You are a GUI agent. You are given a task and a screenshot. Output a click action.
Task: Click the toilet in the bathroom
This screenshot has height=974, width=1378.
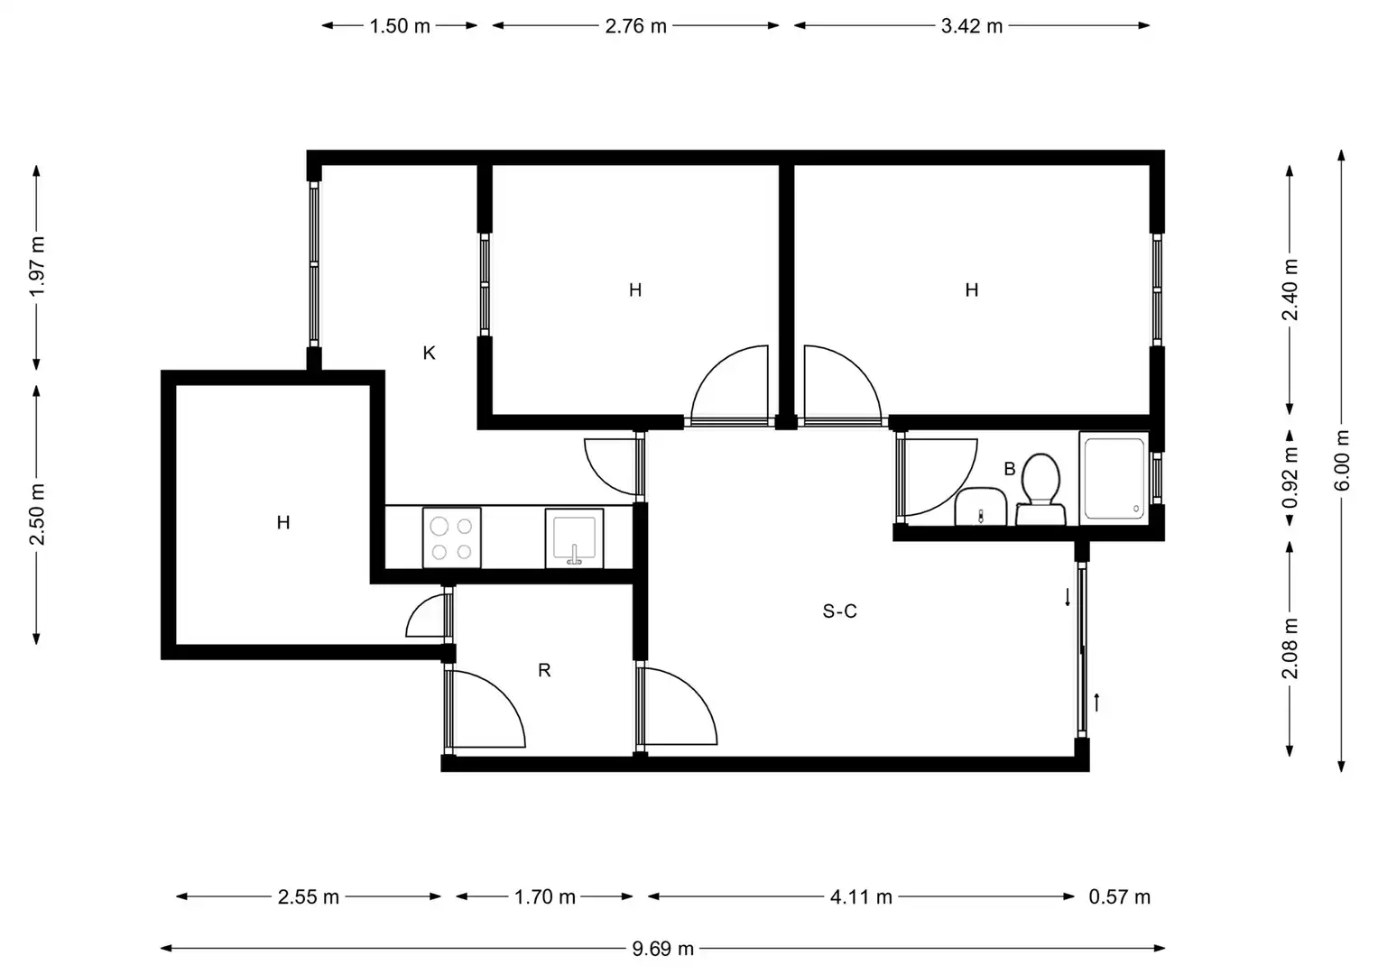[x=1040, y=490]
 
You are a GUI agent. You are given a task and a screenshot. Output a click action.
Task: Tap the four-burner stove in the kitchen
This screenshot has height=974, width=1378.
[x=451, y=538]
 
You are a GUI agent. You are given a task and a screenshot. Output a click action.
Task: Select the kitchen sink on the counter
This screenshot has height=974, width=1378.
[x=574, y=538]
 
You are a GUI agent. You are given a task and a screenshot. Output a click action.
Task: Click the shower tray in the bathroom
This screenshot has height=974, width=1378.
[x=1114, y=478]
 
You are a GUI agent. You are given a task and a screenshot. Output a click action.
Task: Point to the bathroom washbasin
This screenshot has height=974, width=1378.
[x=981, y=507]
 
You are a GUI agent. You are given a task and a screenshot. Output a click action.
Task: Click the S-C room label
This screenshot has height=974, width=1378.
[x=840, y=611]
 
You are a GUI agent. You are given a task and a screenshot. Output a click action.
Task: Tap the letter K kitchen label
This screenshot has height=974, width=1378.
[x=430, y=353]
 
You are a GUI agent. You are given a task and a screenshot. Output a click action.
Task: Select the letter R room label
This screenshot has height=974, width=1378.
[x=544, y=670]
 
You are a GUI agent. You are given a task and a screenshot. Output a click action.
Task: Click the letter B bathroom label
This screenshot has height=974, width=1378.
[x=1010, y=469]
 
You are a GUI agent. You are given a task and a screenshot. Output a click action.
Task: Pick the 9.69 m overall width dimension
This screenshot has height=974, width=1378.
[x=663, y=949]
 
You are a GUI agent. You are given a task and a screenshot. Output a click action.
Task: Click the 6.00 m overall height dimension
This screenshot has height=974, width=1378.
[x=1342, y=460]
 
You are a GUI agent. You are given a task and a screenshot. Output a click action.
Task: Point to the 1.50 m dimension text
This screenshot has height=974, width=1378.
[x=400, y=26]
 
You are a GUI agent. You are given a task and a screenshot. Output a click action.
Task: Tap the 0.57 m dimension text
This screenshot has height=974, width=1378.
[x=1120, y=897]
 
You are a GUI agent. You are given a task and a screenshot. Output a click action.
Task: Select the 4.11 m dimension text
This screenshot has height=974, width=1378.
[x=861, y=897]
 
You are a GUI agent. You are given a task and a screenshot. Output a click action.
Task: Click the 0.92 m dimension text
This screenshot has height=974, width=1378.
[x=1290, y=478]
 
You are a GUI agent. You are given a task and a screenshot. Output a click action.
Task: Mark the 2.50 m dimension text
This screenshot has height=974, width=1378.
[x=37, y=515]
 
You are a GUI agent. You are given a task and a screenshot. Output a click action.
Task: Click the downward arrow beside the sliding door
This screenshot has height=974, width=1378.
[x=1068, y=597]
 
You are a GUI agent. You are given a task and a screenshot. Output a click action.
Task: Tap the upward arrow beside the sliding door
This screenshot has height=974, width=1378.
[x=1096, y=703]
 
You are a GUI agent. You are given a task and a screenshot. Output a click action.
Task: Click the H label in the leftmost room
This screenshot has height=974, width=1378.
[x=283, y=523]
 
